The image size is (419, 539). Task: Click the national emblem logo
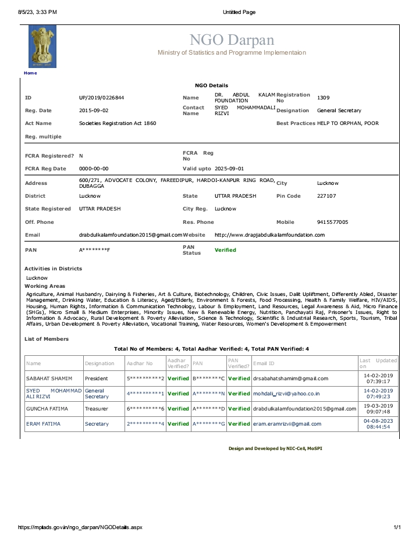click(x=42, y=47)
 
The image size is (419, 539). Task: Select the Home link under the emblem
click(x=30, y=73)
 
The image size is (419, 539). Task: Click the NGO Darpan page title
click(x=232, y=40)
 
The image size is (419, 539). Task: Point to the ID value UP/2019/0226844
click(x=101, y=98)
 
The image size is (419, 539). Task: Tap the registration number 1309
click(x=323, y=98)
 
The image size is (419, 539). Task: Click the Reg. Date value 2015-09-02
click(x=94, y=110)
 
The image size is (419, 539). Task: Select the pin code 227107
click(x=326, y=196)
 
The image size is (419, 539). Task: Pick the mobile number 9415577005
click(x=333, y=222)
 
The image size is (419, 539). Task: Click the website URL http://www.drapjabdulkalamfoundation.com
click(x=269, y=235)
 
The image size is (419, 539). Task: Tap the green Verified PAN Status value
click(x=225, y=250)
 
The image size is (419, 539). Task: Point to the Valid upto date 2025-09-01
click(x=233, y=169)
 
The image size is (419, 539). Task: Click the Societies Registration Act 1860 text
click(x=118, y=123)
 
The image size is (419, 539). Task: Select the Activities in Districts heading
click(x=53, y=269)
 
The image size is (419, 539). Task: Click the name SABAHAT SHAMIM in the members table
click(x=49, y=379)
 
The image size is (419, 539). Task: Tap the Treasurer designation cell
click(x=97, y=409)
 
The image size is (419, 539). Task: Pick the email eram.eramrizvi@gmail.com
click(x=287, y=424)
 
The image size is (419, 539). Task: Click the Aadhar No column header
click(x=140, y=363)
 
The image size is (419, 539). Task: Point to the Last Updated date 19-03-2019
click(x=378, y=405)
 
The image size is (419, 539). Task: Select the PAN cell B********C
click(x=208, y=379)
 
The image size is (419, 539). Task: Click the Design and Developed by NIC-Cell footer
click(x=274, y=449)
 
